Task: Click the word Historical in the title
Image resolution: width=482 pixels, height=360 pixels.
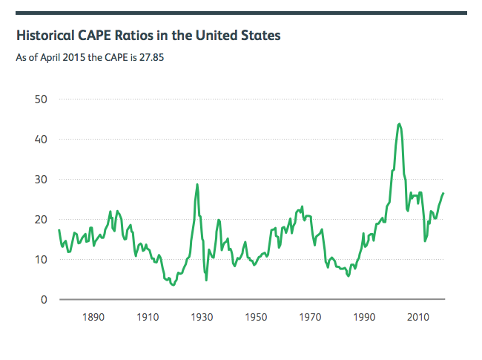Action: point(46,35)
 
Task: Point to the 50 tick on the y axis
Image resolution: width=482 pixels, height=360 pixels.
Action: point(42,99)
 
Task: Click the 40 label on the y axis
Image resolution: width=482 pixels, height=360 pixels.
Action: point(42,139)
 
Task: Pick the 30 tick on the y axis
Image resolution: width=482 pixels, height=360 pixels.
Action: point(42,179)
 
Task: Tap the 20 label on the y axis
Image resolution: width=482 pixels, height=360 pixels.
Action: point(42,219)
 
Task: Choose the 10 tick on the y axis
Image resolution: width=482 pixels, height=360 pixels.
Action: point(42,259)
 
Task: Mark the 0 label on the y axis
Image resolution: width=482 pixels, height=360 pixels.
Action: point(45,299)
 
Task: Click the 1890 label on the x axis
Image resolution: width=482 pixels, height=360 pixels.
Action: point(93,318)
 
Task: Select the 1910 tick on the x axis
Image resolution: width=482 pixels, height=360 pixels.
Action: point(148,318)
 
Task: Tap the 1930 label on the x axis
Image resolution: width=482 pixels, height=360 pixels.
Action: point(202,318)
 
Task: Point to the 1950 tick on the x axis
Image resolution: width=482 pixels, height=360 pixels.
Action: point(256,318)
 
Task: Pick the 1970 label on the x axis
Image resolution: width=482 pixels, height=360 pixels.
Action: point(310,318)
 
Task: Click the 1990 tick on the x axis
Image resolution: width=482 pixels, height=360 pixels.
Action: point(364,318)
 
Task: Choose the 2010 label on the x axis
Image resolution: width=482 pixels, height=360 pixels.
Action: point(418,318)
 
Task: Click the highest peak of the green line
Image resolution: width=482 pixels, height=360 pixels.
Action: point(400,124)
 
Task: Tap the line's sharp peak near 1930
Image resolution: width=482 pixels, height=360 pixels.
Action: point(197,184)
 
